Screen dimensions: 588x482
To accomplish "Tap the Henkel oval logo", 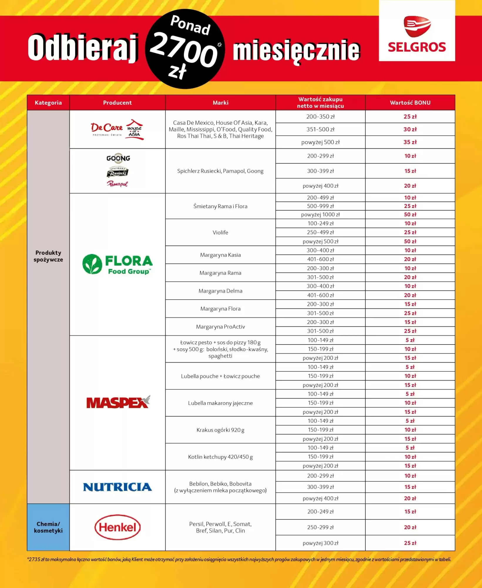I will [117, 527].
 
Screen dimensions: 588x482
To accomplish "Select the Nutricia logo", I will [117, 487].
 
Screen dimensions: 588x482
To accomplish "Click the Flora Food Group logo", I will [117, 264].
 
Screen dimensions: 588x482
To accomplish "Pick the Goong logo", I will [118, 158].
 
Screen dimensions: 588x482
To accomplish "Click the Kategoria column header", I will [48, 103].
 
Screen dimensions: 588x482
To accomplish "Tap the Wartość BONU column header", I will [410, 103].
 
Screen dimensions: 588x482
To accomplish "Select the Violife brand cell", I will [220, 233].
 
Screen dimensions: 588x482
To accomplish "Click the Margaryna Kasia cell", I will [220, 255].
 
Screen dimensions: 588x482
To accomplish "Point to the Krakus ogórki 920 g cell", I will [220, 430].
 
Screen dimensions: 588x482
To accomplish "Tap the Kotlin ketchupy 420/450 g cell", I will [220, 457].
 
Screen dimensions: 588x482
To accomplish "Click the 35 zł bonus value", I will [410, 142].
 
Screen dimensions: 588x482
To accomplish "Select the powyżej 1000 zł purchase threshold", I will [320, 215].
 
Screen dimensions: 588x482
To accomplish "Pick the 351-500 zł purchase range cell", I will [320, 129].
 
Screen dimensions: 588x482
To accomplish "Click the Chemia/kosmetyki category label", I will [48, 527].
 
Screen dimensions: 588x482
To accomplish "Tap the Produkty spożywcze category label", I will [48, 256].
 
